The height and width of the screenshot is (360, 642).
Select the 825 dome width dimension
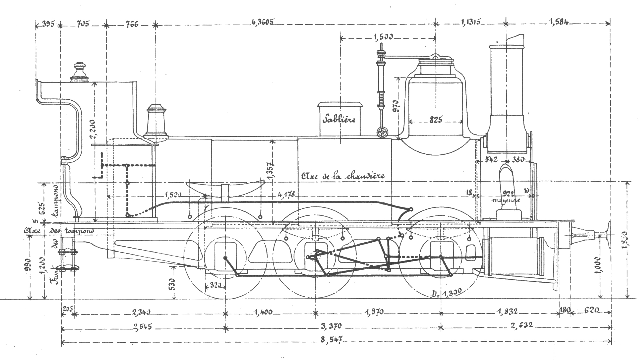436,120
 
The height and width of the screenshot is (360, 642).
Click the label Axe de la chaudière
343,176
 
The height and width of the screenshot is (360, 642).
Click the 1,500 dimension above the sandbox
383,37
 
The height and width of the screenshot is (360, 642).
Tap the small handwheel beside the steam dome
382,133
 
